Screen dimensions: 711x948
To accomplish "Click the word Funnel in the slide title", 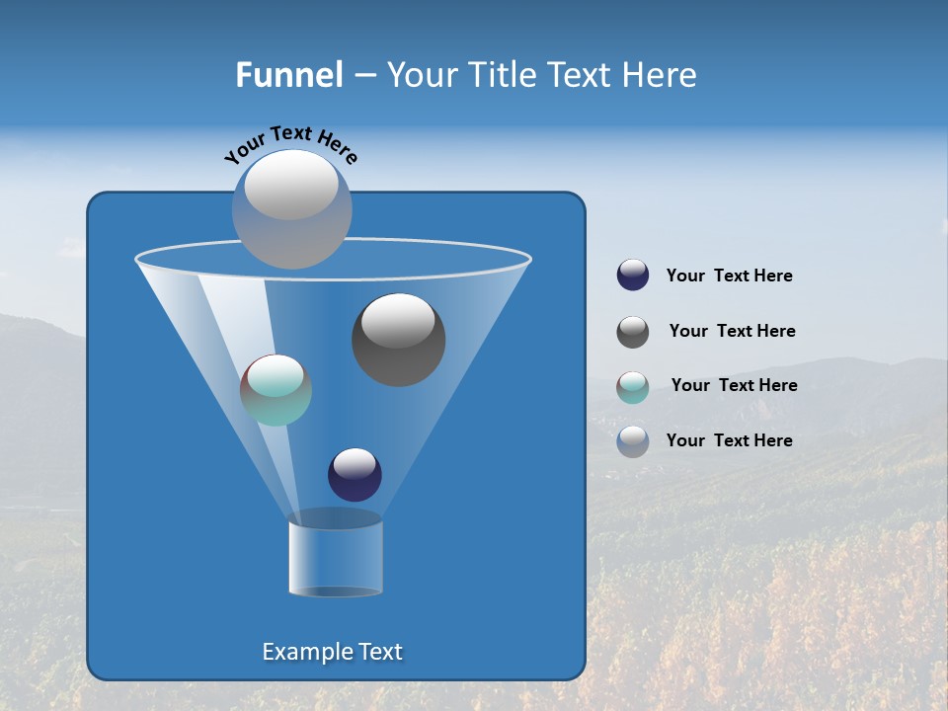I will [x=288, y=75].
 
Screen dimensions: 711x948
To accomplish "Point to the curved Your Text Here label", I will [x=290, y=143].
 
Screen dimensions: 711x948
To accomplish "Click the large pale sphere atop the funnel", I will [x=292, y=208].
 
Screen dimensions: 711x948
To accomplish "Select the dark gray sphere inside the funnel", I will [x=399, y=340].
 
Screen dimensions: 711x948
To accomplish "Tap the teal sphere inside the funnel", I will [x=276, y=390].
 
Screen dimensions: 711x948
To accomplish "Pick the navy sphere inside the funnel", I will [x=355, y=474].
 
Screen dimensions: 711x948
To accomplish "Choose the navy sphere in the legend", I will [x=633, y=276].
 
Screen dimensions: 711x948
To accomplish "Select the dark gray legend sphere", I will [x=633, y=332].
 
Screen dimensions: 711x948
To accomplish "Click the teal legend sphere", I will [x=633, y=386].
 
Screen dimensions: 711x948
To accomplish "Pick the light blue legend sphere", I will [x=633, y=441].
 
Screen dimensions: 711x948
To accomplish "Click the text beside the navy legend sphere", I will [x=729, y=276].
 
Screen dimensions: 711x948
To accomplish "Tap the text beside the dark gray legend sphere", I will [x=732, y=331].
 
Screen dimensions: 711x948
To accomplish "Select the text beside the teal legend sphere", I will [x=734, y=385].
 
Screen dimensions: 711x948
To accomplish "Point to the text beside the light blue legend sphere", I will [x=729, y=440].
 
